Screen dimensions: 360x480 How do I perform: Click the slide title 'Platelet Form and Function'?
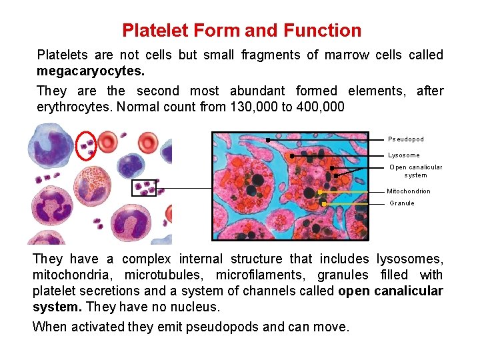tap(241, 31)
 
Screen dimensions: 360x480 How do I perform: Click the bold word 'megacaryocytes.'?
tap(91, 71)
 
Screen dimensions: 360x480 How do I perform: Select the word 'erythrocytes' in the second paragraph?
tap(73, 107)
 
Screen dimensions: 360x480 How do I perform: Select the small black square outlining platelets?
tap(144, 188)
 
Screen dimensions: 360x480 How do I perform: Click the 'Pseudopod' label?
tap(406, 139)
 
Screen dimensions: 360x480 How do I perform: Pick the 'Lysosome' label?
tap(404, 155)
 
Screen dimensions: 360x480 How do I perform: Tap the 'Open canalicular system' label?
tap(416, 171)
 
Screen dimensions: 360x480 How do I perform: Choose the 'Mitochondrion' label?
tap(409, 191)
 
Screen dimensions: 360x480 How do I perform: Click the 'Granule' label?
tap(402, 203)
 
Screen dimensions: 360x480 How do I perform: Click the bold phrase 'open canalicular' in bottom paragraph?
tap(391, 291)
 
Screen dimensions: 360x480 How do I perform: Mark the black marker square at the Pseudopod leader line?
tap(267, 140)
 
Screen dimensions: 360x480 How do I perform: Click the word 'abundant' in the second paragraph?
tap(257, 91)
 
